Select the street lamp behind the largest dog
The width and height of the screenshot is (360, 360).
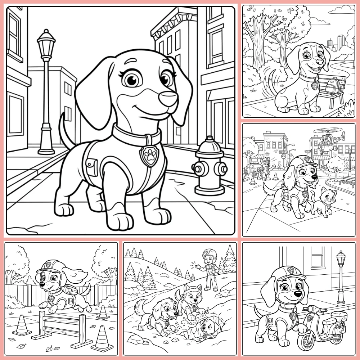click(x=46, y=90)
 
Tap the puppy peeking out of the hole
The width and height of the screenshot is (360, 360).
click(x=208, y=328)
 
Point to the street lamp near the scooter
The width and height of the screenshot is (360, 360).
click(x=340, y=277)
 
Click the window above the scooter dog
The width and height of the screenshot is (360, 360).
click(x=318, y=256)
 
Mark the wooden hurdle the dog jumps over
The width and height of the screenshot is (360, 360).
click(x=59, y=326)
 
